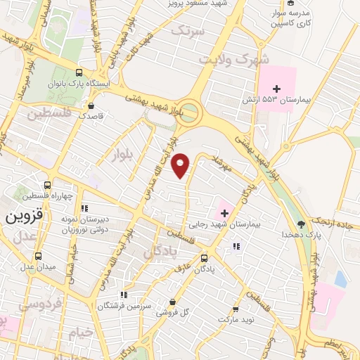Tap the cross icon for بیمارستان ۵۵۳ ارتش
(276, 89)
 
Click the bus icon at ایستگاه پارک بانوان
(79, 72)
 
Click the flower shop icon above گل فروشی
(173, 301)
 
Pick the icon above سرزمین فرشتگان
(124, 295)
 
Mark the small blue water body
(340, 279)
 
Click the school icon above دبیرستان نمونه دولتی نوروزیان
(84, 208)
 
